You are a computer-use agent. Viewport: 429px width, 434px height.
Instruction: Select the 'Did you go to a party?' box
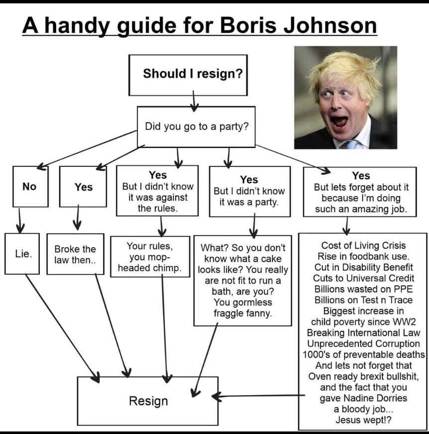[x=196, y=126]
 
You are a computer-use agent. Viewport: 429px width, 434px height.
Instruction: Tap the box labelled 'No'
[x=29, y=187]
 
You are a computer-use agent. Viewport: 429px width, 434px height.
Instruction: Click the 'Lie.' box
[x=22, y=253]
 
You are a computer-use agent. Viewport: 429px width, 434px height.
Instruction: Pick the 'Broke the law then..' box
[x=75, y=254]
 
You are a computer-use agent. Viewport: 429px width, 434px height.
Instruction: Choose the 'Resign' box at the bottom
[x=148, y=401]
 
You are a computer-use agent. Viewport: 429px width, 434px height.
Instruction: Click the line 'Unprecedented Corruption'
[x=363, y=344]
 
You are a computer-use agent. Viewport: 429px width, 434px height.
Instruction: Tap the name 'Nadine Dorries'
[x=363, y=398]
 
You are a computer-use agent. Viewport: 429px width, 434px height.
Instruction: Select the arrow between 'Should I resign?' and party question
[x=194, y=102]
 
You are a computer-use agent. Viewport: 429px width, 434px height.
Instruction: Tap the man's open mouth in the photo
[x=340, y=121]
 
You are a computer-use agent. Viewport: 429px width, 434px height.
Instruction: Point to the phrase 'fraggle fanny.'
[x=243, y=314]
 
